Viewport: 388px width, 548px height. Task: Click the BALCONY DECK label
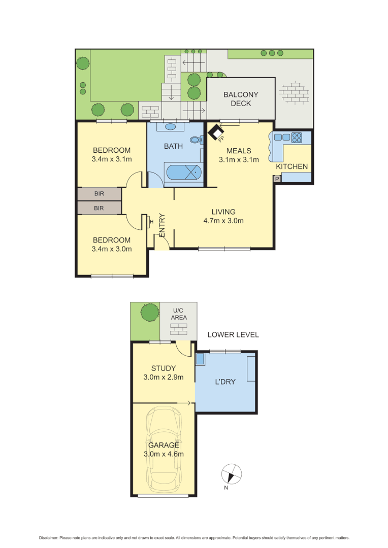pyautogui.click(x=241, y=99)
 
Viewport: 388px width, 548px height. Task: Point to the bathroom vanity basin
pyautogui.click(x=171, y=126)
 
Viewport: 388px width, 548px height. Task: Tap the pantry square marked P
pyautogui.click(x=277, y=179)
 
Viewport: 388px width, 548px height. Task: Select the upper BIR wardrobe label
pyautogui.click(x=99, y=194)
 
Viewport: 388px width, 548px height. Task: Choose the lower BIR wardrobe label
pyautogui.click(x=99, y=208)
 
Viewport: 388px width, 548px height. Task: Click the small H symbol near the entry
pyautogui.click(x=151, y=221)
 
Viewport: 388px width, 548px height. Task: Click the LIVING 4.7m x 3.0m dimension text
pyautogui.click(x=223, y=221)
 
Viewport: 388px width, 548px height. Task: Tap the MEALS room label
pyautogui.click(x=239, y=151)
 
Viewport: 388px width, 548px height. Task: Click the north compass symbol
pyautogui.click(x=232, y=475)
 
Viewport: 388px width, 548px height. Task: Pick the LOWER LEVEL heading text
pyautogui.click(x=233, y=335)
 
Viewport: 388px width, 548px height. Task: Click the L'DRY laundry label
pyautogui.click(x=225, y=382)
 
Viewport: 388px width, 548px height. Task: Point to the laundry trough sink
pyautogui.click(x=200, y=359)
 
